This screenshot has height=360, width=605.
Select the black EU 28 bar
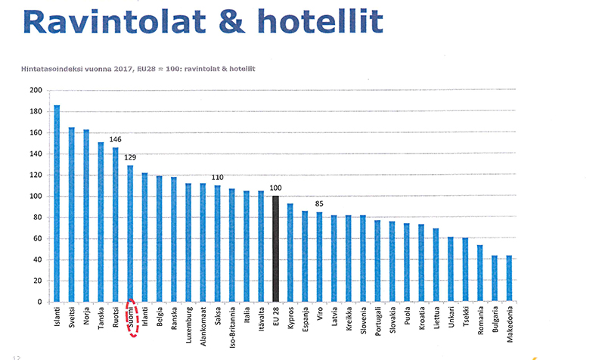[276, 249]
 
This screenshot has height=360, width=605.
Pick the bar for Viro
[320, 256]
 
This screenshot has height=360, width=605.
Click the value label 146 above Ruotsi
[116, 139]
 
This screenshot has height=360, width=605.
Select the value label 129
[130, 157]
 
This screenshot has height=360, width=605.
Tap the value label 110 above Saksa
[218, 177]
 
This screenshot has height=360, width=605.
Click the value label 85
[320, 203]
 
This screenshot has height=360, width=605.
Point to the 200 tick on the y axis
[35, 90]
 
